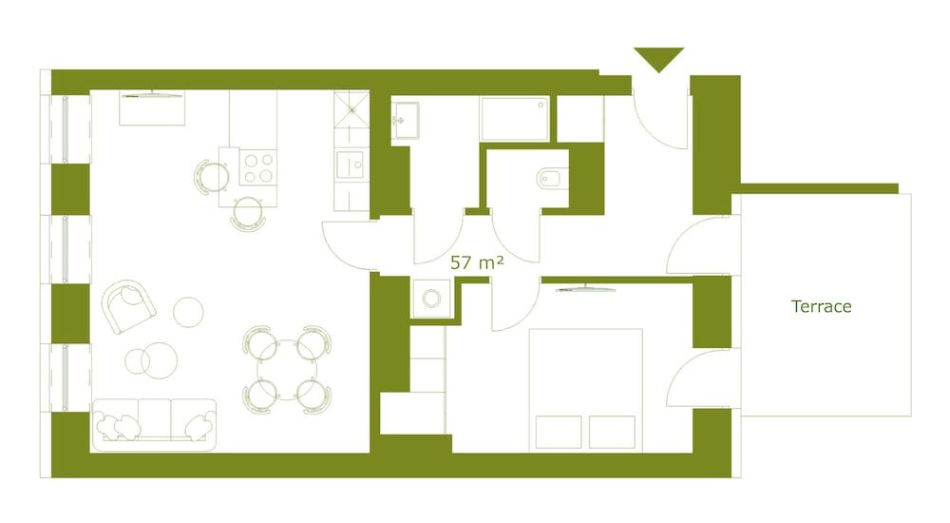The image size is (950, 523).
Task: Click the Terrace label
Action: coord(821,306)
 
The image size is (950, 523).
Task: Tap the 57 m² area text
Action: coord(476,261)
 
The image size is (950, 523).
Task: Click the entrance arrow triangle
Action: coord(658,59)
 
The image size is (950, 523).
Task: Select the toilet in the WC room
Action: coord(550,177)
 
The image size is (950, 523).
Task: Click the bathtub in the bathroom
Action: coord(514,119)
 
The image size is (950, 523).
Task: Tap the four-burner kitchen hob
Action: coord(258,167)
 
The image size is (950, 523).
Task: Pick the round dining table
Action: coord(287,368)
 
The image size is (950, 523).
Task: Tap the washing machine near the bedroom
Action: coord(431,299)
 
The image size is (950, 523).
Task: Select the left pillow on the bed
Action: coord(559,431)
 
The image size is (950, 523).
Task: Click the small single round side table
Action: coord(189,310)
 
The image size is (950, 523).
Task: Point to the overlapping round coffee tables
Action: coord(151,358)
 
